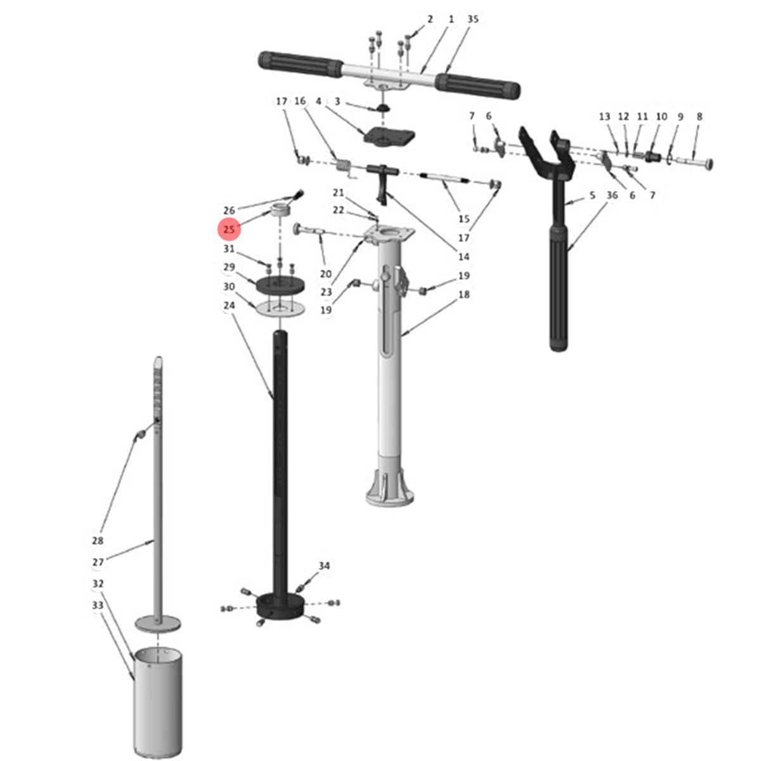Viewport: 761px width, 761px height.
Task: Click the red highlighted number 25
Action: pyautogui.click(x=229, y=229)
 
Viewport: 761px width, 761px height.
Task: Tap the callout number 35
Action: pyautogui.click(x=472, y=19)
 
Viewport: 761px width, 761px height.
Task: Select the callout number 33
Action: pyautogui.click(x=98, y=605)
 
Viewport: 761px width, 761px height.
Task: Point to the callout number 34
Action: pyautogui.click(x=324, y=566)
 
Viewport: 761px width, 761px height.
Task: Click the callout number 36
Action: pyautogui.click(x=612, y=195)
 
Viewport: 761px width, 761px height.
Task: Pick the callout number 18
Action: pyautogui.click(x=464, y=295)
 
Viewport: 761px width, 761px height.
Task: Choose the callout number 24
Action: pyautogui.click(x=229, y=305)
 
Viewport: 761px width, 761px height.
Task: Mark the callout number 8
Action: pyautogui.click(x=699, y=117)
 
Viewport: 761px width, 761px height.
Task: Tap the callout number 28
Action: pyautogui.click(x=98, y=540)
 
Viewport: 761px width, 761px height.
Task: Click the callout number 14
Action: pyautogui.click(x=464, y=257)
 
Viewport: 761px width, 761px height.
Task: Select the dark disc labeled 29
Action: pyautogui.click(x=280, y=285)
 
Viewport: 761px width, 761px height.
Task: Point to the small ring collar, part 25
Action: pyautogui.click(x=280, y=209)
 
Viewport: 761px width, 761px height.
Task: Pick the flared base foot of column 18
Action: pyautogui.click(x=390, y=486)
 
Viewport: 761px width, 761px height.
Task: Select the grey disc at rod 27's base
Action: pyautogui.click(x=158, y=624)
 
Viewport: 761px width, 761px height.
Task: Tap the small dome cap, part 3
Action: pyautogui.click(x=382, y=108)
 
